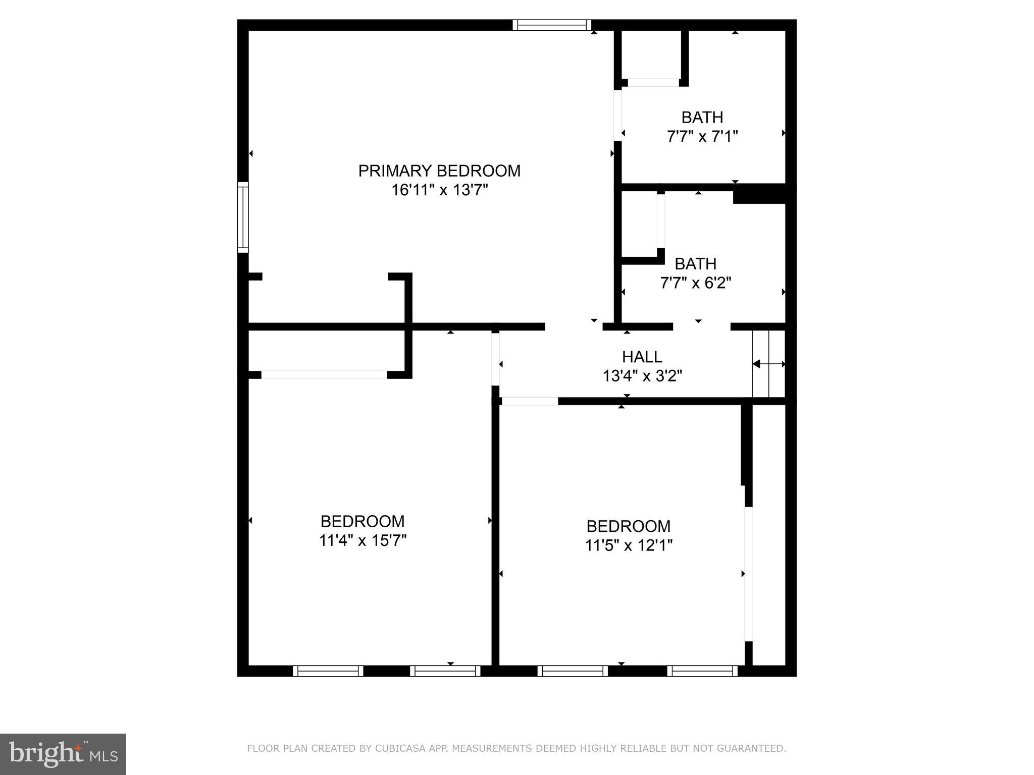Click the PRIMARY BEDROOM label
(x=439, y=171)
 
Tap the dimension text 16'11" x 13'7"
(x=439, y=190)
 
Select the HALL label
(x=642, y=357)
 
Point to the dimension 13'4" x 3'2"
(x=642, y=376)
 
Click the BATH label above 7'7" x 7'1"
(x=702, y=118)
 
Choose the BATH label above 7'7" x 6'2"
(x=695, y=264)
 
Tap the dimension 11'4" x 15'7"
(x=363, y=540)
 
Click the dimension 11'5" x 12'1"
(x=629, y=545)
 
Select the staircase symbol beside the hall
(x=768, y=364)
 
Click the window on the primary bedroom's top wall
(x=552, y=25)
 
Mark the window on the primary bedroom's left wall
(x=243, y=217)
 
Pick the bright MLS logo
(x=63, y=754)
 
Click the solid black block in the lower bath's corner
(x=759, y=194)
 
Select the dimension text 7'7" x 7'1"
(x=702, y=137)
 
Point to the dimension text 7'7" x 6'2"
(x=695, y=283)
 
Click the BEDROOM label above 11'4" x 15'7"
(x=363, y=521)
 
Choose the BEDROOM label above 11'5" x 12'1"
(x=629, y=526)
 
